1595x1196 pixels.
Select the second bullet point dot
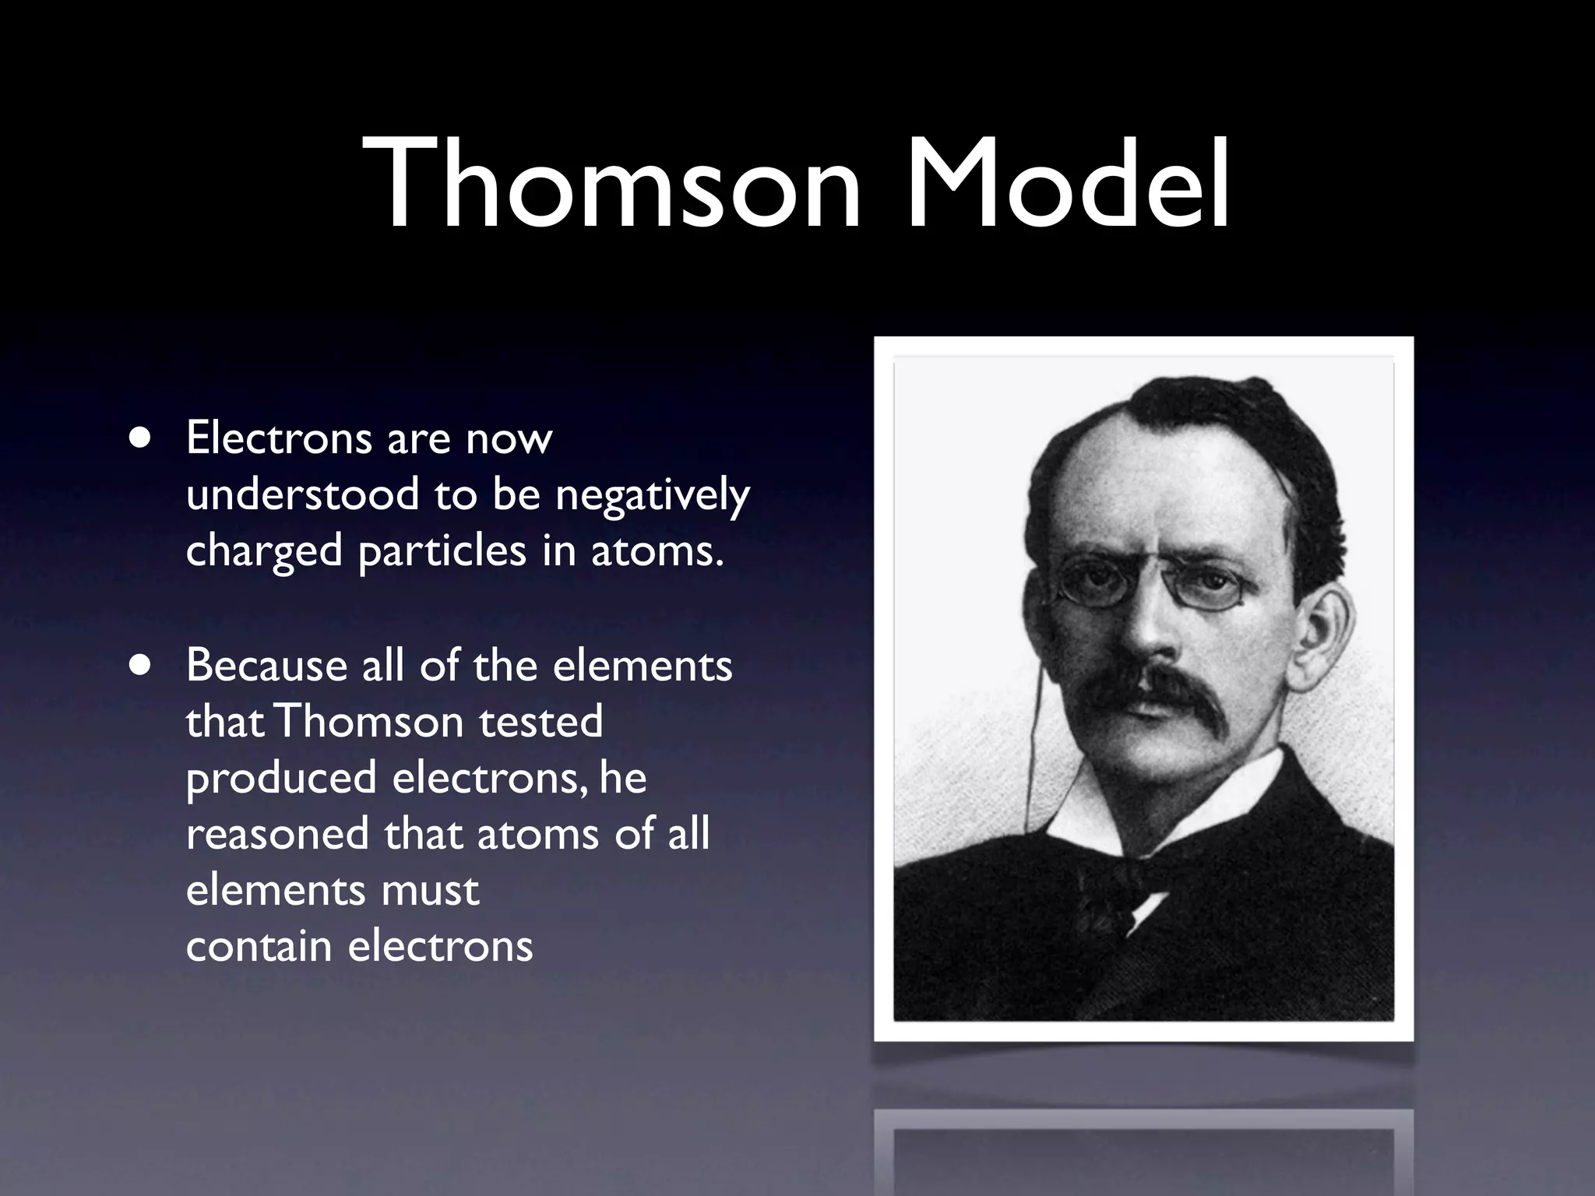click(141, 666)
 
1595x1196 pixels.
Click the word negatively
click(652, 495)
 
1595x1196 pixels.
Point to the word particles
click(442, 551)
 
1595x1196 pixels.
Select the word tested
click(540, 722)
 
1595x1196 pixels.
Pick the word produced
click(281, 778)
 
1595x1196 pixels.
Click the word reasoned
click(277, 834)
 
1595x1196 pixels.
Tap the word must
click(430, 890)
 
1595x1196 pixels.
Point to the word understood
click(302, 495)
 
